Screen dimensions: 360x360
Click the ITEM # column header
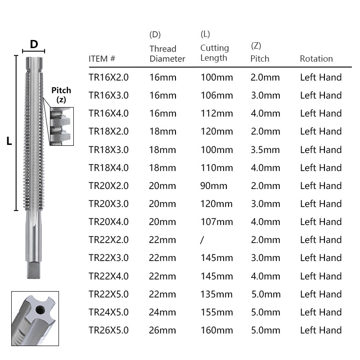pos(102,58)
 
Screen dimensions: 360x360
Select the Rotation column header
pos(316,58)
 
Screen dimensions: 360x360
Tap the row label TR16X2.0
pos(108,77)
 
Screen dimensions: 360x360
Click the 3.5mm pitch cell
pos(265,149)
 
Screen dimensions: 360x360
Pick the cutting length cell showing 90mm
pos(214,185)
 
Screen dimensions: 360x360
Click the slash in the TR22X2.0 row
pos(202,240)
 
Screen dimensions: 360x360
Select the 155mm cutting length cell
pos(216,312)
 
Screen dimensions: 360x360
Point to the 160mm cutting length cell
pos(216,330)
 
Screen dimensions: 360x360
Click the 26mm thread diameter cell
pos(162,330)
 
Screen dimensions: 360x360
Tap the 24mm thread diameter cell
pos(162,312)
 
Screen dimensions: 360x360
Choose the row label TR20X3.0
pos(108,203)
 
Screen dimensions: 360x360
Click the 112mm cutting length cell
pos(216,113)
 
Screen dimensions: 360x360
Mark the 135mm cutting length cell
pos(216,294)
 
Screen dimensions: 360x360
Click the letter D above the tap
pos(34,44)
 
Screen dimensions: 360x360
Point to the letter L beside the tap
pos(9,141)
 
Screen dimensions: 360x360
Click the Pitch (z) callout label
pos(61,94)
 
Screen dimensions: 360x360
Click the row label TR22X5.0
pos(108,294)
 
